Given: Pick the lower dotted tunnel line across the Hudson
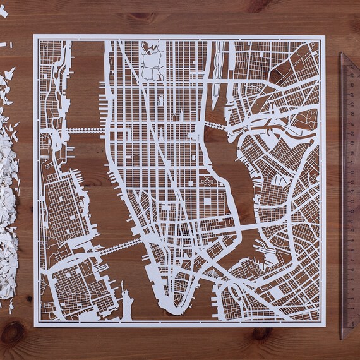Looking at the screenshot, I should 117,244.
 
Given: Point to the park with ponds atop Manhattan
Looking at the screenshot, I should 152,66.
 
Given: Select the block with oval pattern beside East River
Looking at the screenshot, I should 208,183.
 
